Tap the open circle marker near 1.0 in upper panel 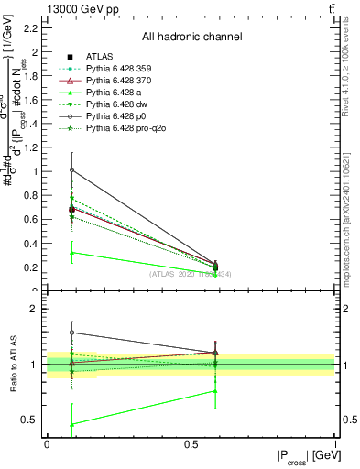click(71, 169)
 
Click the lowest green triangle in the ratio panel click(71, 424)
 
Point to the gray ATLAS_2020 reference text click(191, 274)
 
